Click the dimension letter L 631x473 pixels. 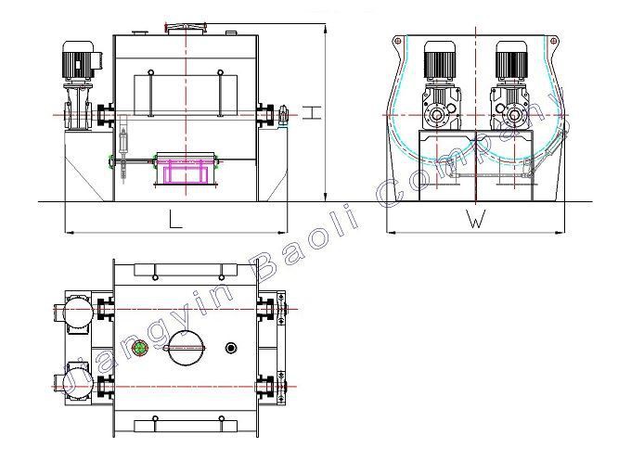pos(174,220)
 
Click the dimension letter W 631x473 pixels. pos(475,219)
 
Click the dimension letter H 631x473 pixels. pos(312,112)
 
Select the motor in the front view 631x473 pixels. pos(79,60)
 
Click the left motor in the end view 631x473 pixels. pos(440,60)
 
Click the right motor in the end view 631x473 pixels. pos(511,60)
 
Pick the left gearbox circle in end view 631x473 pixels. pos(437,116)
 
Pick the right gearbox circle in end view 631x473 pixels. pos(514,116)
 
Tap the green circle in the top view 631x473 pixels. pos(140,348)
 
